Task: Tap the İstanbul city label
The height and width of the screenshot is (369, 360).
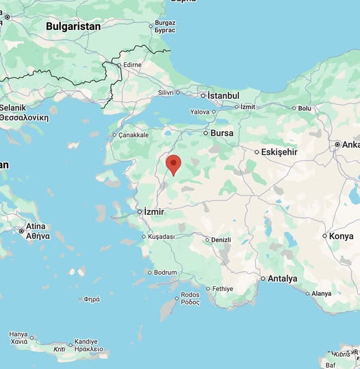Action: [223, 96]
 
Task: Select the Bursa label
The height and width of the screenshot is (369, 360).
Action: [222, 133]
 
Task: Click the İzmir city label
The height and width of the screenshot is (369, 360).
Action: [154, 212]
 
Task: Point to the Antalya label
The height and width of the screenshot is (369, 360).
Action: [282, 279]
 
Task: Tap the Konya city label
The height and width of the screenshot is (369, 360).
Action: [341, 236]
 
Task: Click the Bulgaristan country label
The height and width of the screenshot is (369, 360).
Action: [73, 26]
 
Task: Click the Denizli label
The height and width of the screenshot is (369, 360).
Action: [220, 240]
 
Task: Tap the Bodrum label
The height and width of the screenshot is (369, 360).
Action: [165, 272]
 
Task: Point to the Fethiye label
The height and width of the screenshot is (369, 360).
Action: [222, 288]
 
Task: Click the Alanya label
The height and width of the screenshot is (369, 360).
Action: [321, 293]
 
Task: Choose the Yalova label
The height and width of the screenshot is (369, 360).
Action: [199, 112]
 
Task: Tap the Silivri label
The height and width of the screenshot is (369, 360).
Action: [166, 92]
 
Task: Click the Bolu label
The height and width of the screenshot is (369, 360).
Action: [304, 108]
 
